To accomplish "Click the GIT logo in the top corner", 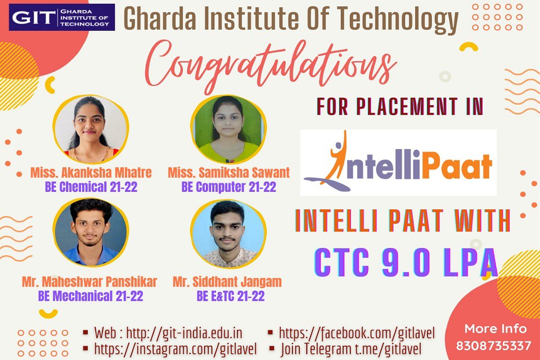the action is pyautogui.click(x=62, y=17).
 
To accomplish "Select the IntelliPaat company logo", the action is pyautogui.click(x=398, y=163).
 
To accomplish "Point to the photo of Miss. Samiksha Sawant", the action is pyautogui.click(x=228, y=129).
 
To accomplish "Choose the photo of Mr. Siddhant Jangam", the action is pyautogui.click(x=228, y=233).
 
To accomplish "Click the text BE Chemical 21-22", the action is pyautogui.click(x=91, y=187).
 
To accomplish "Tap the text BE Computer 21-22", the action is pyautogui.click(x=229, y=187).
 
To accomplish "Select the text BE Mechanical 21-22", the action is pyautogui.click(x=91, y=296).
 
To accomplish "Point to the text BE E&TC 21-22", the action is pyautogui.click(x=231, y=296).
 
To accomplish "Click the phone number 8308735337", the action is pyautogui.click(x=493, y=345).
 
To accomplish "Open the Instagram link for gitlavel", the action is pyautogui.click(x=175, y=349).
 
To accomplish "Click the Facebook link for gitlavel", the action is pyautogui.click(x=357, y=333).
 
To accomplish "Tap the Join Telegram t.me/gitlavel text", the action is pyautogui.click(x=351, y=349).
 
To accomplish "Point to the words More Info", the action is pyautogui.click(x=496, y=329).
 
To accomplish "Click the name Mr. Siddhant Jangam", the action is pyautogui.click(x=227, y=282).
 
